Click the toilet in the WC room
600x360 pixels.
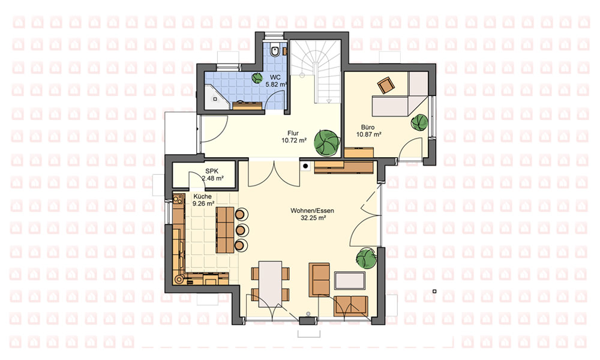pos(275,50)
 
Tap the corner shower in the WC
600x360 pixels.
pos(216,98)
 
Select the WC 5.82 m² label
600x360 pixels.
pos(275,81)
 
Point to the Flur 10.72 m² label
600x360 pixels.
pos(294,137)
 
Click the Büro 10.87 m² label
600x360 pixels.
pos(368,131)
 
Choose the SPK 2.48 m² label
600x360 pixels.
pos(212,175)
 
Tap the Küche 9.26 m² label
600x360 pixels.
pos(203,200)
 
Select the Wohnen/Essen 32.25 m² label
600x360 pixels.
pos(313,214)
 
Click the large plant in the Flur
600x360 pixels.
pos(327,143)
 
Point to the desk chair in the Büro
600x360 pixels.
pos(386,85)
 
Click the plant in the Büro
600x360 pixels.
pos(420,122)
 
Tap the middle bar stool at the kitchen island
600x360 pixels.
pos(241,230)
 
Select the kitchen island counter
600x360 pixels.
pos(225,230)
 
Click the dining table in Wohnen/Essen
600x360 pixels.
pos(270,284)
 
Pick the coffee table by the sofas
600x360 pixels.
pos(350,280)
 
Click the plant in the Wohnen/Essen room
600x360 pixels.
pos(366,258)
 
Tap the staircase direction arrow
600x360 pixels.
pos(328,101)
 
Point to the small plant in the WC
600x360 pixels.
pos(257,77)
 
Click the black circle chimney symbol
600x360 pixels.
pos(306,166)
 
